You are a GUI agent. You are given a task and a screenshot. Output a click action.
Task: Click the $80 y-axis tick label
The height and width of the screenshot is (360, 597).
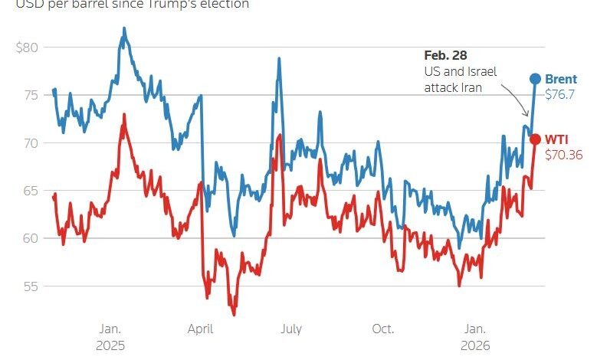coord(27,47)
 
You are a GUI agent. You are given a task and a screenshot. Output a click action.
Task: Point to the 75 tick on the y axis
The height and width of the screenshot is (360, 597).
coord(30,95)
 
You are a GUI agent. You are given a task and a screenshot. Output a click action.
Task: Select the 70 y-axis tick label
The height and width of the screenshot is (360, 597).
coord(30,143)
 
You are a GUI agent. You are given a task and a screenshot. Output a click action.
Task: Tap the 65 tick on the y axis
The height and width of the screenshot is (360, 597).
coord(30,191)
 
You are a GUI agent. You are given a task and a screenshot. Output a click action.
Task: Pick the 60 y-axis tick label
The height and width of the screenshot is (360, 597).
coord(30,238)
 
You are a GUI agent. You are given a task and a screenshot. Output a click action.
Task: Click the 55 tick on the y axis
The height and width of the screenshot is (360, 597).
coord(30,286)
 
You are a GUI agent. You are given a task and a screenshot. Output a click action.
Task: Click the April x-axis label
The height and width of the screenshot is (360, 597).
coord(200,329)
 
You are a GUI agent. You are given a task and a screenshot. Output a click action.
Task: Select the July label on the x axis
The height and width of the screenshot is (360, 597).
coord(291,329)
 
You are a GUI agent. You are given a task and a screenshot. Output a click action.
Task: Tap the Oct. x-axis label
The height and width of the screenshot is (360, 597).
coord(382,329)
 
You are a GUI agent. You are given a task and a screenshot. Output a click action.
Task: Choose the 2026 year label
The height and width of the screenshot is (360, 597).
coord(475,345)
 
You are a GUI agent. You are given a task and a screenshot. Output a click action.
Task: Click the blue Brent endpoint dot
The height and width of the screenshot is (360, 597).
coord(535,79)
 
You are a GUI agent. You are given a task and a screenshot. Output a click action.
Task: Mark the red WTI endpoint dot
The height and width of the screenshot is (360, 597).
coord(535,139)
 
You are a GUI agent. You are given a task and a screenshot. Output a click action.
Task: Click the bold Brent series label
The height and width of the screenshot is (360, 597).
coord(561,79)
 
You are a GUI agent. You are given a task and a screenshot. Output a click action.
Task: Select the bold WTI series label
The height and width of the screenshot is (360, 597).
coord(557,139)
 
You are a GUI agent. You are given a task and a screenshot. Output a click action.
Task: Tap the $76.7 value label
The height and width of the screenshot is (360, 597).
coord(559,94)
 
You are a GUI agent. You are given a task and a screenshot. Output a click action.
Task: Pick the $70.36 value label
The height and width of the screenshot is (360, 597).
coord(563,154)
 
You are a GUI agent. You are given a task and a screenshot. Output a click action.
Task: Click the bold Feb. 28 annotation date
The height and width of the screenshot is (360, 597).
coord(445,56)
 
